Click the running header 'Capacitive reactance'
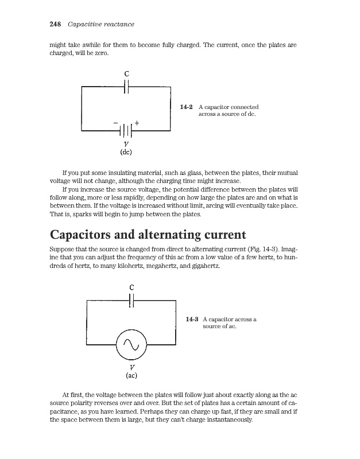point(100,24)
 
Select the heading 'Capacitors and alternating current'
point(148,235)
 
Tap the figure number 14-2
point(186,107)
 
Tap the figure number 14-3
point(192,319)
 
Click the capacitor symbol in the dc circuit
point(126,86)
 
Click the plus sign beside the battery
point(137,123)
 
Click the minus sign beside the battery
point(115,123)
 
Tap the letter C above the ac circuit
point(132,287)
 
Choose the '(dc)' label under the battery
point(126,153)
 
